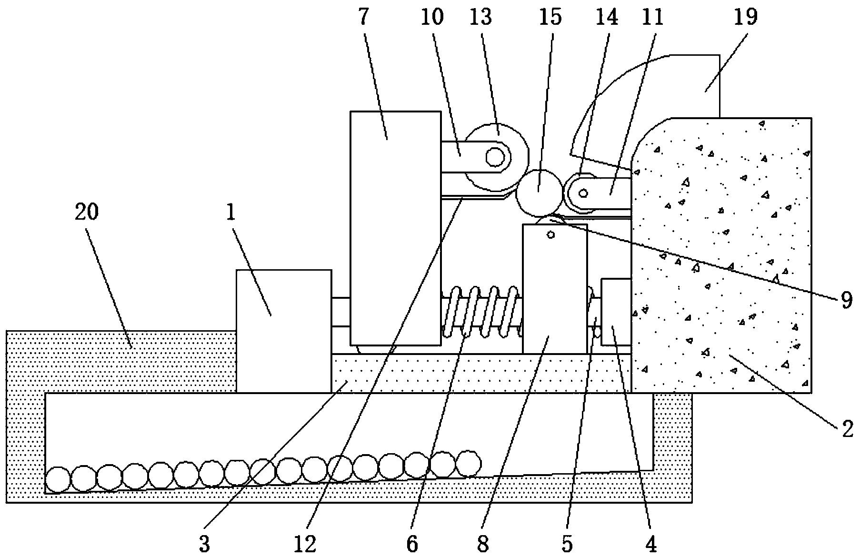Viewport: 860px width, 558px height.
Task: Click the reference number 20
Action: tap(86, 212)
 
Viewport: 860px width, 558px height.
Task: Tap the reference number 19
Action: tap(746, 17)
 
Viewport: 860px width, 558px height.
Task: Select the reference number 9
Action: tap(846, 300)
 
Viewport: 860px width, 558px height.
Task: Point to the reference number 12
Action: tap(305, 544)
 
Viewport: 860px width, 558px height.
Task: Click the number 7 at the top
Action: tap(363, 17)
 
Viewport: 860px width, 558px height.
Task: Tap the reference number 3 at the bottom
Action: tap(205, 544)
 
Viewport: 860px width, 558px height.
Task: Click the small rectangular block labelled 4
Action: tap(616, 312)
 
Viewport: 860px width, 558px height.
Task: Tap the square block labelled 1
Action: tap(284, 331)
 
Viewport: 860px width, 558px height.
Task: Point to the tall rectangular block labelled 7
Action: tap(395, 228)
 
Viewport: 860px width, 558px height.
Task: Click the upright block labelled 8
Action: tap(555, 289)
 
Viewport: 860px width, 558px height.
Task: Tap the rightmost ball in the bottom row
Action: tap(469, 463)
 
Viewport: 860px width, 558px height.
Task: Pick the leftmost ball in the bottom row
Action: tap(59, 479)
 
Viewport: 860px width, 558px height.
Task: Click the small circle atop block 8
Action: tap(551, 234)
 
